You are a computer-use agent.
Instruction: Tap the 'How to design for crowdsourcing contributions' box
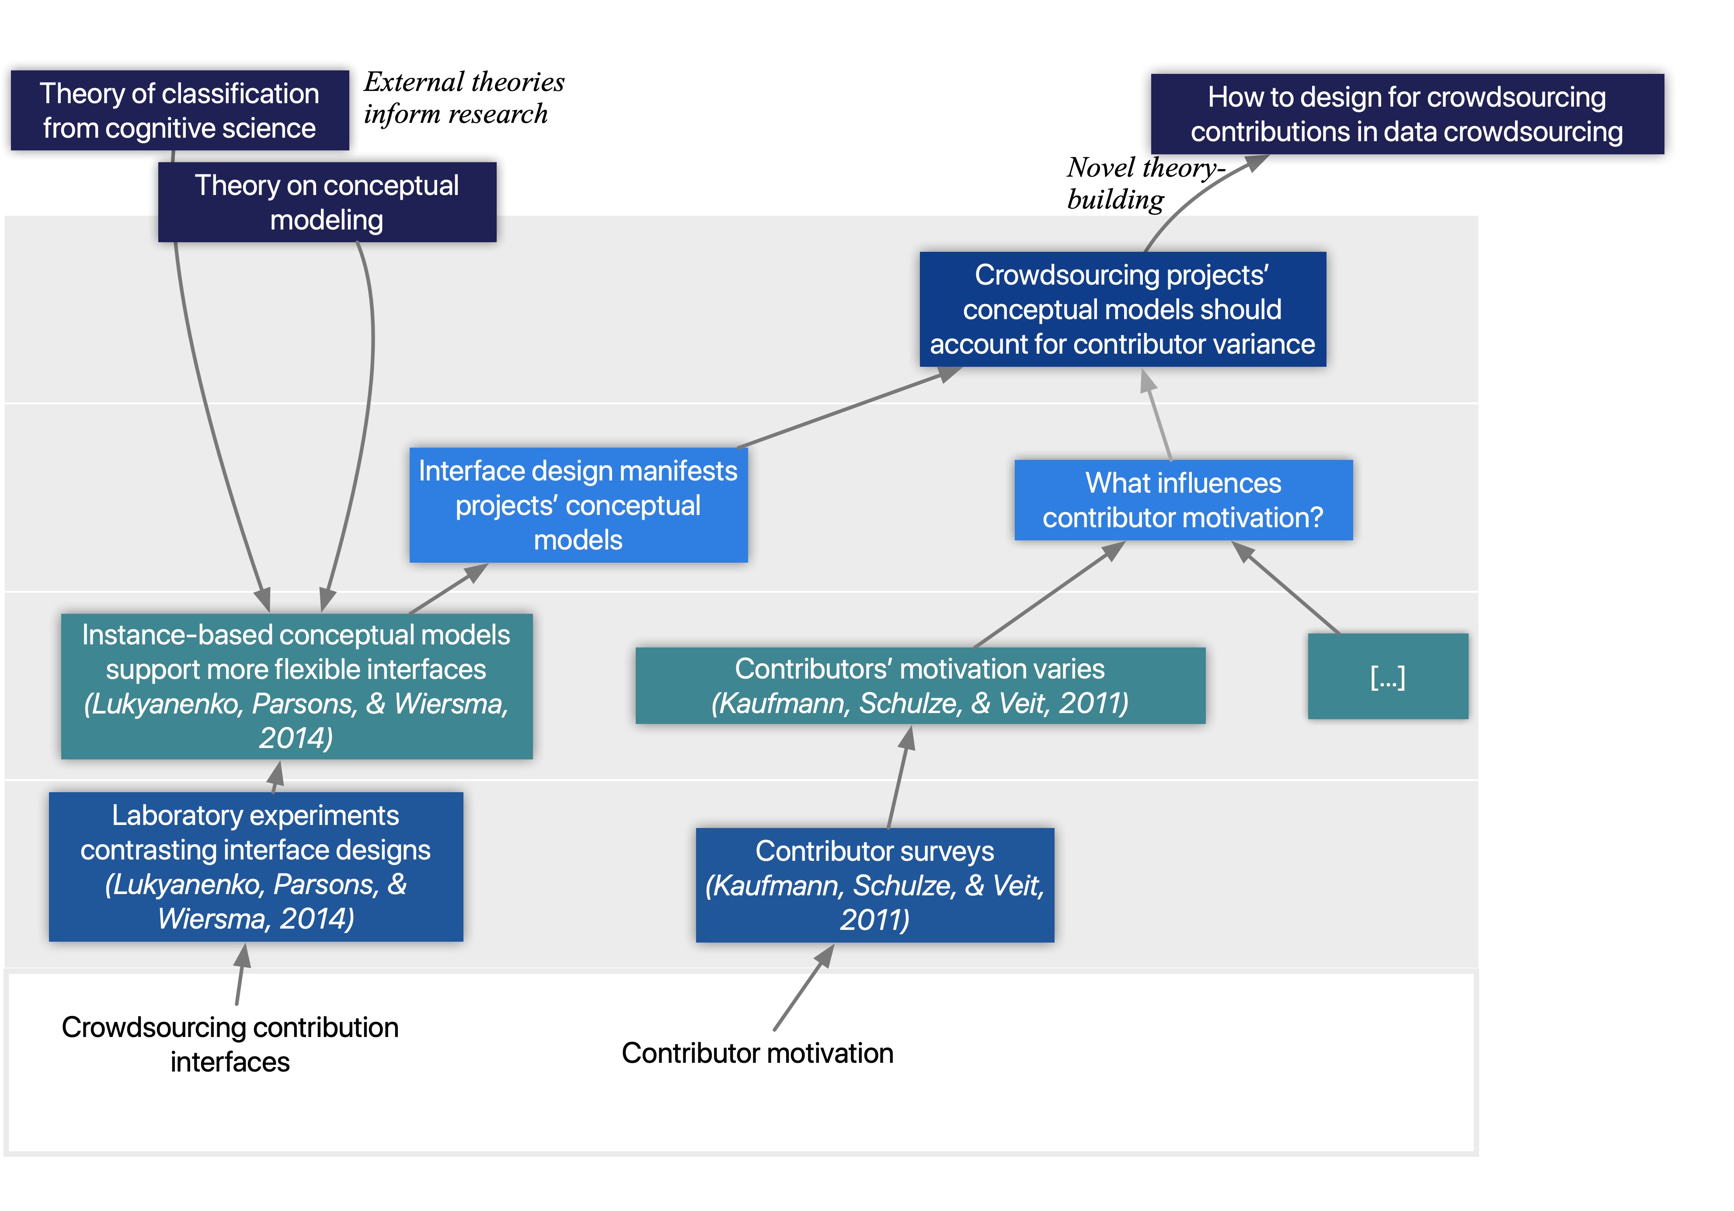(x=1406, y=114)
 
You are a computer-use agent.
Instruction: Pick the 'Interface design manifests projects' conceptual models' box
(x=578, y=505)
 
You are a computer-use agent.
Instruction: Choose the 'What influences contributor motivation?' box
(x=1183, y=500)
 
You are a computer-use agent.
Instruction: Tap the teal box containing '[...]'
(x=1387, y=676)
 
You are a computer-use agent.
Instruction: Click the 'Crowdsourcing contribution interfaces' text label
(x=230, y=1044)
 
